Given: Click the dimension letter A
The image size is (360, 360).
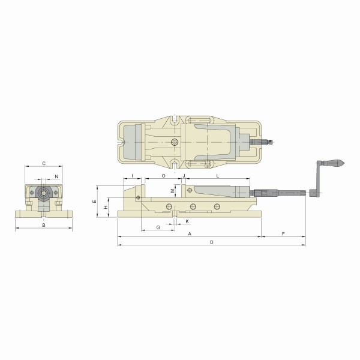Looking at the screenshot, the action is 190,234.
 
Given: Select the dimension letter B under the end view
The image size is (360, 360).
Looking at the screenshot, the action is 44,225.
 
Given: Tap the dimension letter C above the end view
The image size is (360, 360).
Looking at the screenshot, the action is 44,163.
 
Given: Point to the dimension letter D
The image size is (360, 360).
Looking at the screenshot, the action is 212,242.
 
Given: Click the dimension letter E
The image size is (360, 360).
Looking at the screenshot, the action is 94,202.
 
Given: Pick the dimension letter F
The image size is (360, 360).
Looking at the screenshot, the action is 283,234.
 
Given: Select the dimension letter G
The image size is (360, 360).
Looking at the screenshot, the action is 158,227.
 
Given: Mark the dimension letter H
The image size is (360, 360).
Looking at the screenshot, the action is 106,208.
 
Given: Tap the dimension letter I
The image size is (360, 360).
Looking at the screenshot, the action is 132,176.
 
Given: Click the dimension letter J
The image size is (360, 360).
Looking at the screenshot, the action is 184,176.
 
